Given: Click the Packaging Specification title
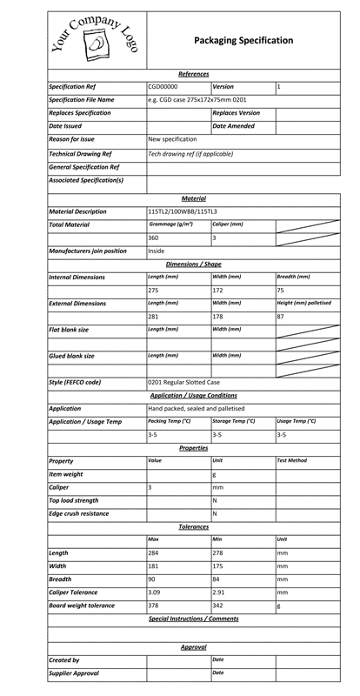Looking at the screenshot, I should point(243,41).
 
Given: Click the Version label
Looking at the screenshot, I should point(223,87).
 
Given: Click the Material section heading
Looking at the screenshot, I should point(193,198).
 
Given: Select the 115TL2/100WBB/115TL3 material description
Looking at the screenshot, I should point(183,211).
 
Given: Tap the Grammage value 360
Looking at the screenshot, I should point(153,238).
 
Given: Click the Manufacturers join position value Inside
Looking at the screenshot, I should point(157,251).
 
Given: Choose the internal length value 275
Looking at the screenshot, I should point(153,290).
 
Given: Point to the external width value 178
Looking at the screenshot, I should point(218,317).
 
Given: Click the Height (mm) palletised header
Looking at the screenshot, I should point(303,304).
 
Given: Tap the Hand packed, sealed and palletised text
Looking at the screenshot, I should point(196,408).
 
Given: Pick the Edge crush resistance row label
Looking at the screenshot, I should point(79,513).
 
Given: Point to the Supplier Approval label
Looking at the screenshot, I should point(74,673).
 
